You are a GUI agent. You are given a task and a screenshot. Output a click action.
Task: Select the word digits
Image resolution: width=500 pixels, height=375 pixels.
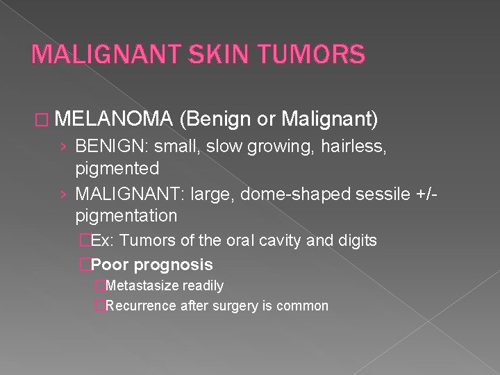coord(356,241)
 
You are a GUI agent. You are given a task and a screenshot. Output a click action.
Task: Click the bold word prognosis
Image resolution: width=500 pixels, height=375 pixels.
coord(173,265)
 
